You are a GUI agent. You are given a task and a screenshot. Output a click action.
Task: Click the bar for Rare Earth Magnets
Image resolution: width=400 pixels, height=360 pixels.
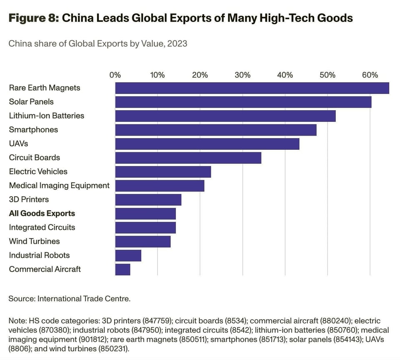tap(252, 88)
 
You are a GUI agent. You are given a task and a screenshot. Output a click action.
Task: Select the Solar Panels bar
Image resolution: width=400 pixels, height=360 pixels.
tap(243, 102)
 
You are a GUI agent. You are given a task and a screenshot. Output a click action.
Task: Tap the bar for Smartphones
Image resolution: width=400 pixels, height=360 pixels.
tap(216, 130)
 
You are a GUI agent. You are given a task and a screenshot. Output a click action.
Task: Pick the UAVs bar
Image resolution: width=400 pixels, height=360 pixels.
tap(207, 144)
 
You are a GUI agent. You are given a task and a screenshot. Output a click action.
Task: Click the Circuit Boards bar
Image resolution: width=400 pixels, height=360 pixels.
tap(188, 158)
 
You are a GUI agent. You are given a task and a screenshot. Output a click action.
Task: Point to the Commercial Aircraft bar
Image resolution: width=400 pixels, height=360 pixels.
tap(123, 269)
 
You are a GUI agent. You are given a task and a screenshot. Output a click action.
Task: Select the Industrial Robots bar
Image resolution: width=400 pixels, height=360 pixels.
tap(128, 255)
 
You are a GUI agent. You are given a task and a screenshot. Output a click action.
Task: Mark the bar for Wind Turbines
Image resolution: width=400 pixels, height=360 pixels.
tap(143, 242)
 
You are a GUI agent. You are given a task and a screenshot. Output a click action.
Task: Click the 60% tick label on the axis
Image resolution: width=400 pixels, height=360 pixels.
tap(370, 75)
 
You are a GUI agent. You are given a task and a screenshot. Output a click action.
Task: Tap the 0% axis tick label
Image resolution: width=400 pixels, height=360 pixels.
tap(115, 75)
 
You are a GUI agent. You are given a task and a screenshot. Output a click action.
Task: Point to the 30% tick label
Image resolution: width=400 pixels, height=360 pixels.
tap(242, 75)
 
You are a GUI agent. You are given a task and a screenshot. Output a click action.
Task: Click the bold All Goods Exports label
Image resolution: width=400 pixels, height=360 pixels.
tap(42, 214)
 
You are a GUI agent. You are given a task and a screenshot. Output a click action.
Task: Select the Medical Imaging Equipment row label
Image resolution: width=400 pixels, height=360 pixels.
tap(59, 186)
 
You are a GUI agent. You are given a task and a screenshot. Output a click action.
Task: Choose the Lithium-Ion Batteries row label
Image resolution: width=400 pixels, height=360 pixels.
tap(47, 116)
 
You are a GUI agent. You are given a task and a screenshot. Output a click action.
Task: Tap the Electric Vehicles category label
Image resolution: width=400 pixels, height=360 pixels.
tap(38, 171)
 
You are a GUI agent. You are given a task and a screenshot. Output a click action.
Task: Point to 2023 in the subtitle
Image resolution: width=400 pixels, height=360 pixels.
tap(177, 43)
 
